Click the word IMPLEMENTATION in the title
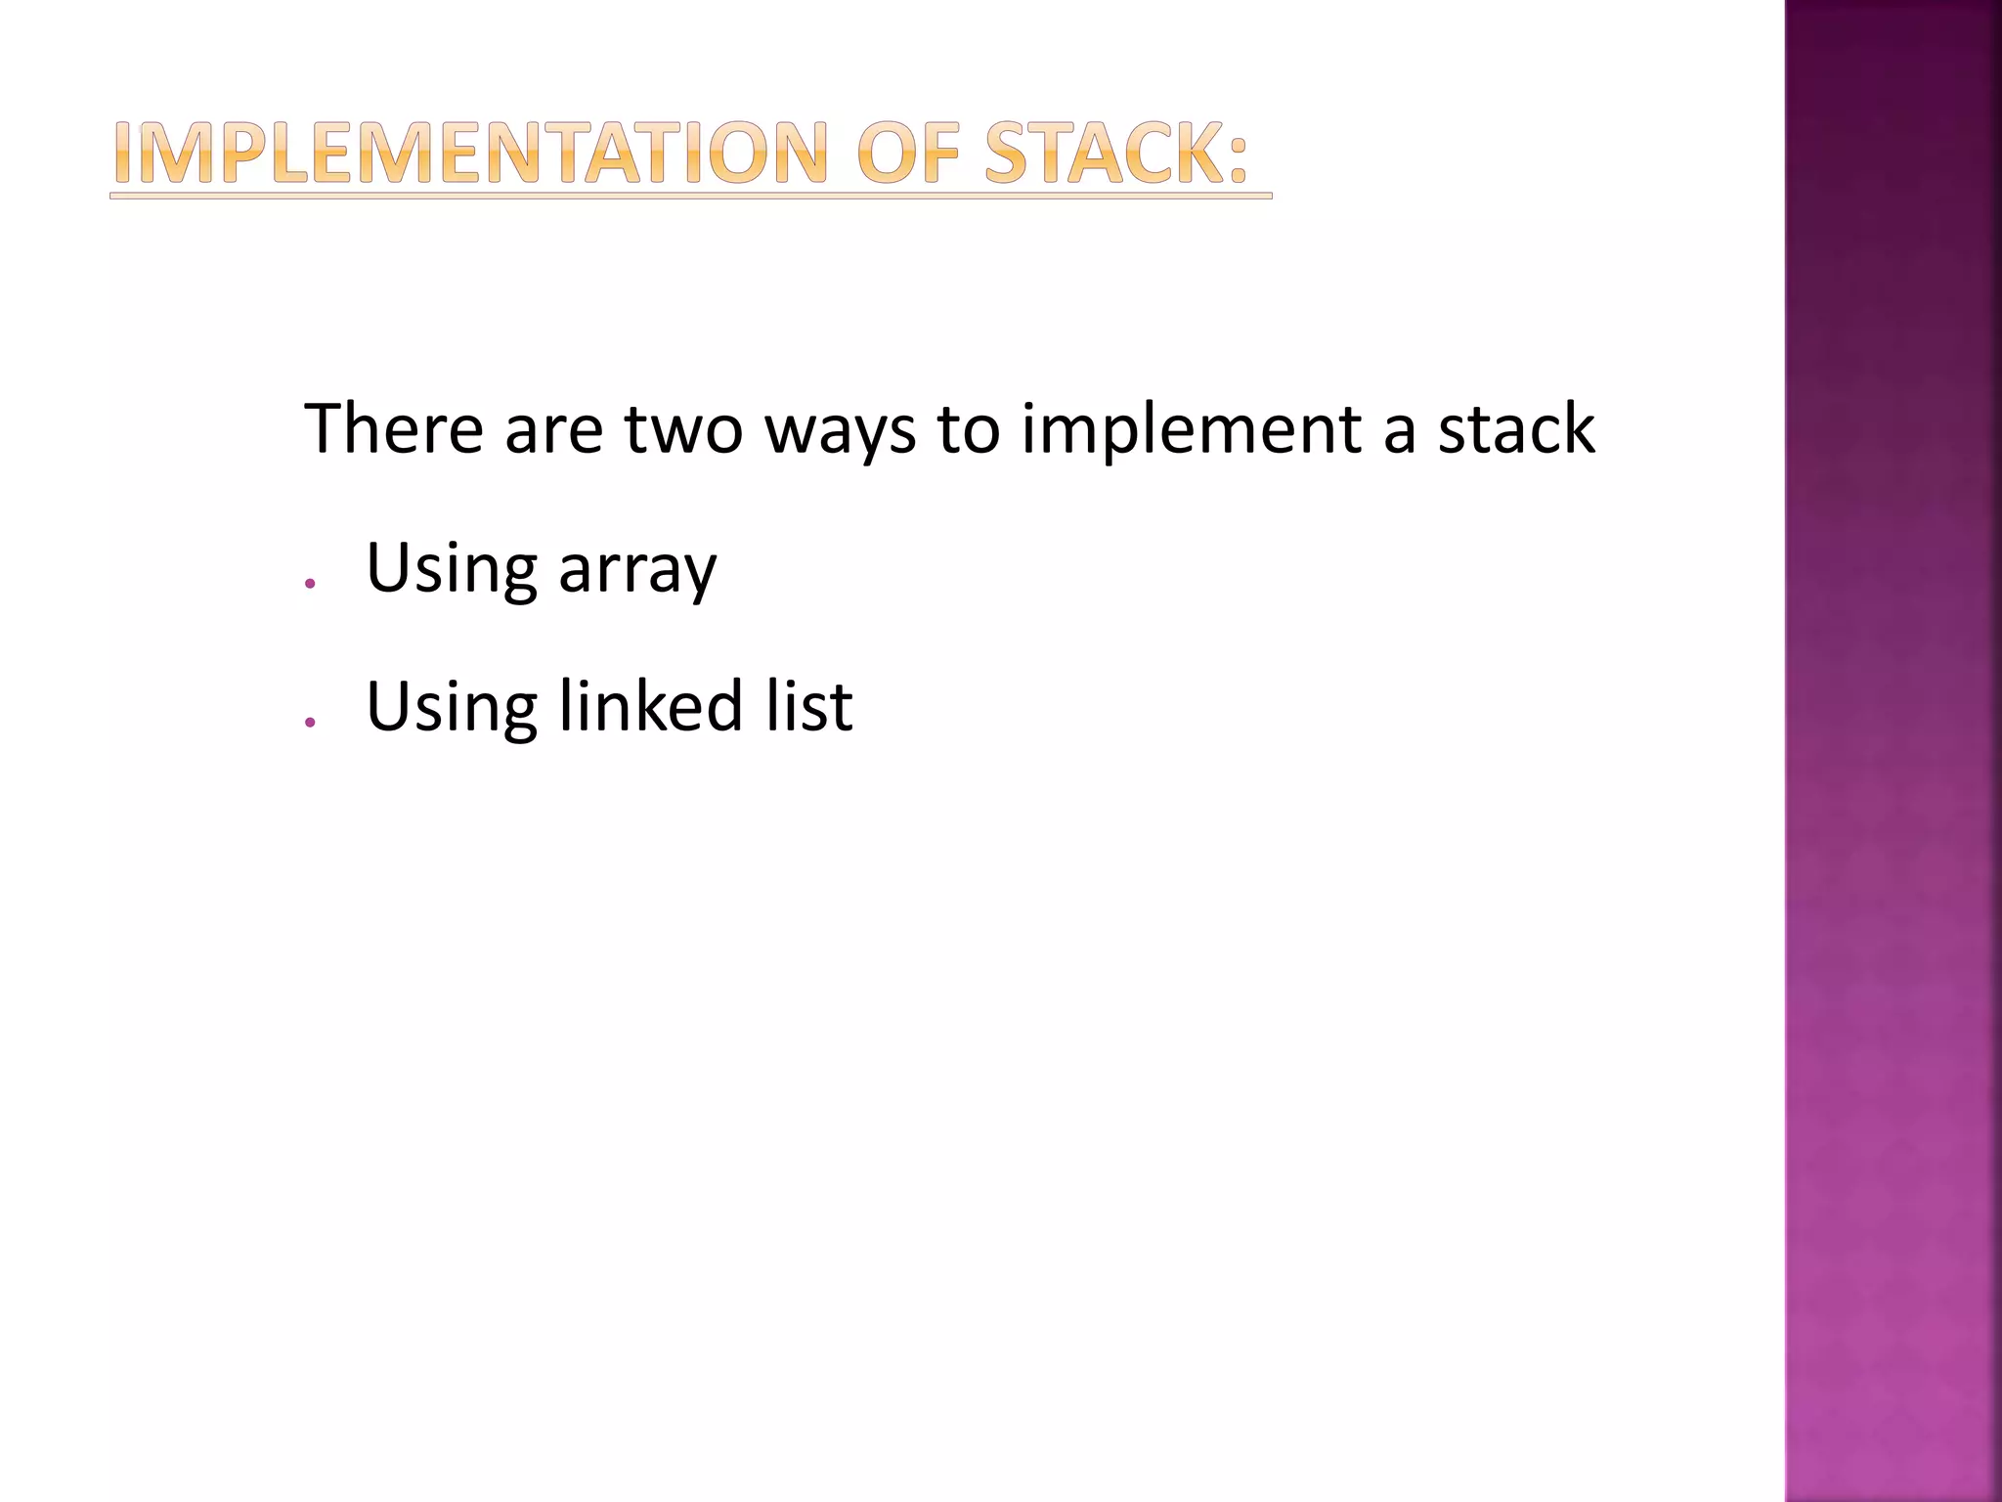(x=470, y=154)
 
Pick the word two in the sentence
(x=683, y=430)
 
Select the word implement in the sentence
(x=1192, y=430)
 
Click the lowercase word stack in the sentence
(x=1516, y=430)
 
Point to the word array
(x=637, y=570)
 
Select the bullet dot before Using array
(x=310, y=584)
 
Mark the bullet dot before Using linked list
(x=310, y=722)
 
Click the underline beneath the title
(x=690, y=197)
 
